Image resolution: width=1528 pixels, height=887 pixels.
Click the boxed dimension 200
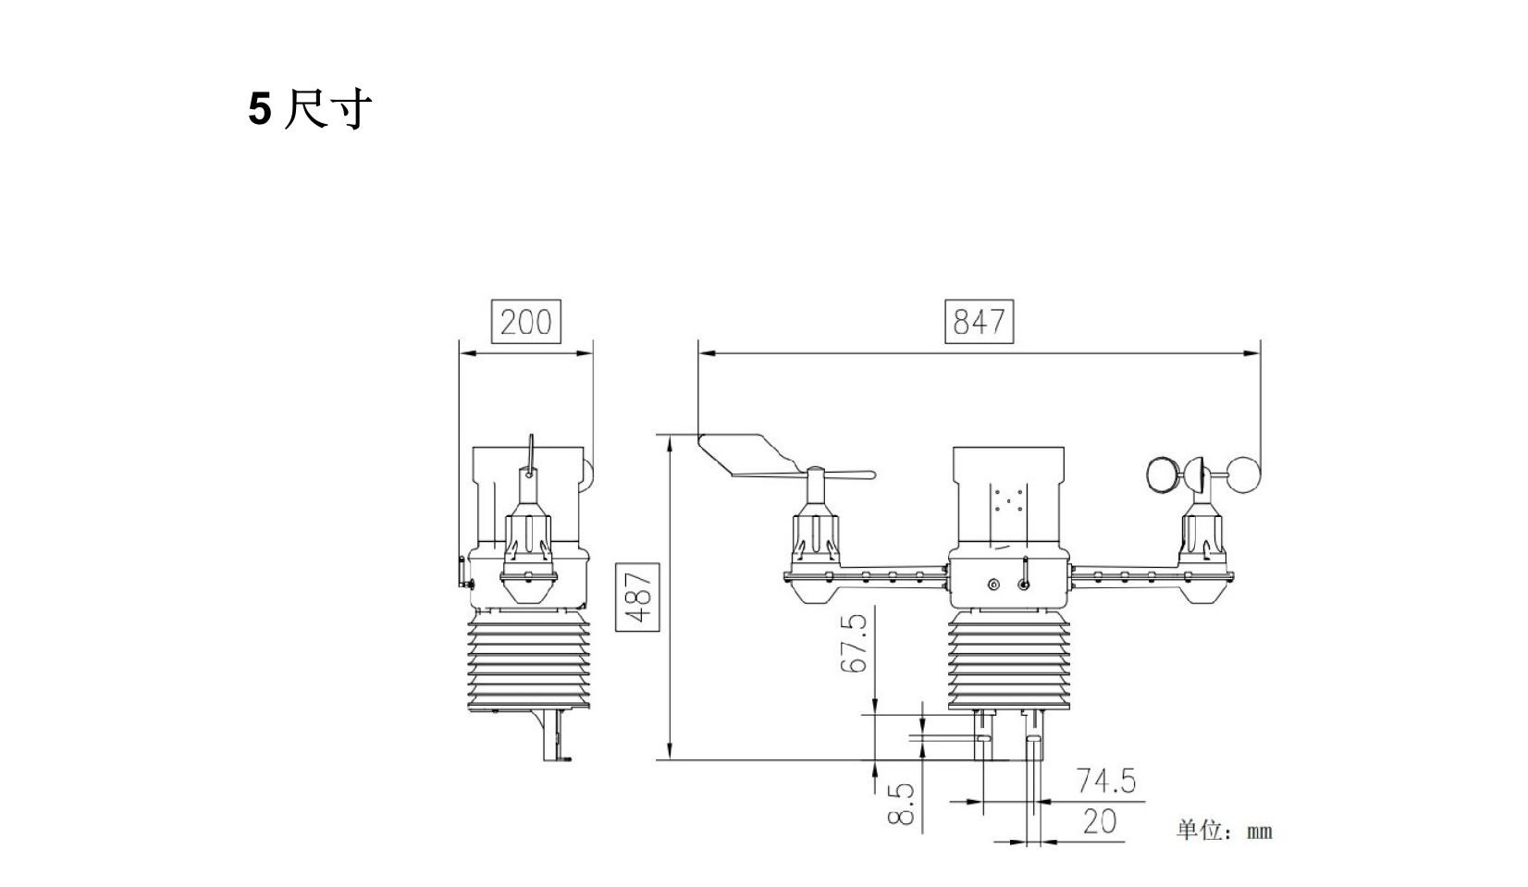525,322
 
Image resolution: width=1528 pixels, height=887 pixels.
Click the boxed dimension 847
979,322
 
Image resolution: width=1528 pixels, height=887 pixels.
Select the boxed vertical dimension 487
637,597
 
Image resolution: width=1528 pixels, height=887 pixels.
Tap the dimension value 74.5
1105,782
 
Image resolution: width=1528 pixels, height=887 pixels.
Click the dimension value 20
1099,821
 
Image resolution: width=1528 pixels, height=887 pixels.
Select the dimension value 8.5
901,804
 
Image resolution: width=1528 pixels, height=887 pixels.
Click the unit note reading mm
1259,832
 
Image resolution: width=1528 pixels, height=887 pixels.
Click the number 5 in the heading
260,110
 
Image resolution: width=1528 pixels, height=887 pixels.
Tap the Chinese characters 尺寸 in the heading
327,110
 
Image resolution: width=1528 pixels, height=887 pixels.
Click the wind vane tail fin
745,454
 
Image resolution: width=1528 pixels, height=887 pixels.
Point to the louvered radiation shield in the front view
1008,660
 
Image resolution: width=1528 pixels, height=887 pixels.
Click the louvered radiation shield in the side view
528,660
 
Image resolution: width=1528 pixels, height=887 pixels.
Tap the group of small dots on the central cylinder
1008,499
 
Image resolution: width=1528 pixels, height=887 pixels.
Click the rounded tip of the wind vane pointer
868,475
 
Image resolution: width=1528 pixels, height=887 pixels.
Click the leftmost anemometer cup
1160,475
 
